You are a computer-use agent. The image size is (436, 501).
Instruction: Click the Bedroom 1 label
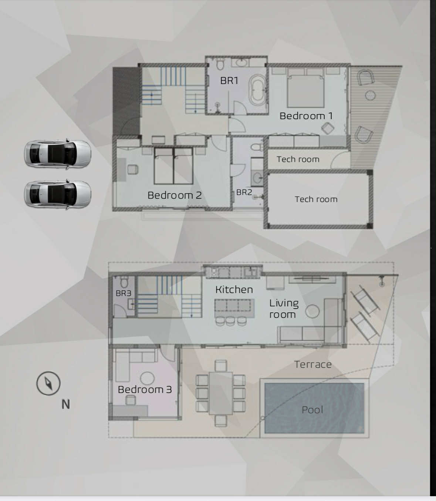point(306,116)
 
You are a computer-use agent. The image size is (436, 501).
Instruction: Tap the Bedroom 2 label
point(175,195)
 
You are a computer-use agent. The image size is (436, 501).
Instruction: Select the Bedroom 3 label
point(145,389)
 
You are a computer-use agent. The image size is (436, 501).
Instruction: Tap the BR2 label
point(244,192)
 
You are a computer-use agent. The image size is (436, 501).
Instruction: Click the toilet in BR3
point(124,282)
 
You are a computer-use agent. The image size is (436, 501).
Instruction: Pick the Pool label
point(312,410)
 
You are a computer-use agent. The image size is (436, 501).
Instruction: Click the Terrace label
point(313,364)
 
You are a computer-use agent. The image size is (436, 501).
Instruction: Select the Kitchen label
point(234,290)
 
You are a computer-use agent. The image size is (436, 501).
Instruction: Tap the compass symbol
point(48,383)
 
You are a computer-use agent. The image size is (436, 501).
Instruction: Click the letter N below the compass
point(65,404)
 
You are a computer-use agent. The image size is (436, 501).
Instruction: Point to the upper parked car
point(57,154)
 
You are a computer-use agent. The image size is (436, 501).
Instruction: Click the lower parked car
point(57,194)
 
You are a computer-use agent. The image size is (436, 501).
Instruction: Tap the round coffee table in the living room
point(312,311)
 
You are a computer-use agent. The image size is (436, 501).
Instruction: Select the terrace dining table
point(221,393)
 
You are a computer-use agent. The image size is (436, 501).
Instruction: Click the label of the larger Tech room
point(316,199)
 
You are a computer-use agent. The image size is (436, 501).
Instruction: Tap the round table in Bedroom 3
point(147,378)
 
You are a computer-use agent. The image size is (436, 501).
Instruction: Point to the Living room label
point(284,309)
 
